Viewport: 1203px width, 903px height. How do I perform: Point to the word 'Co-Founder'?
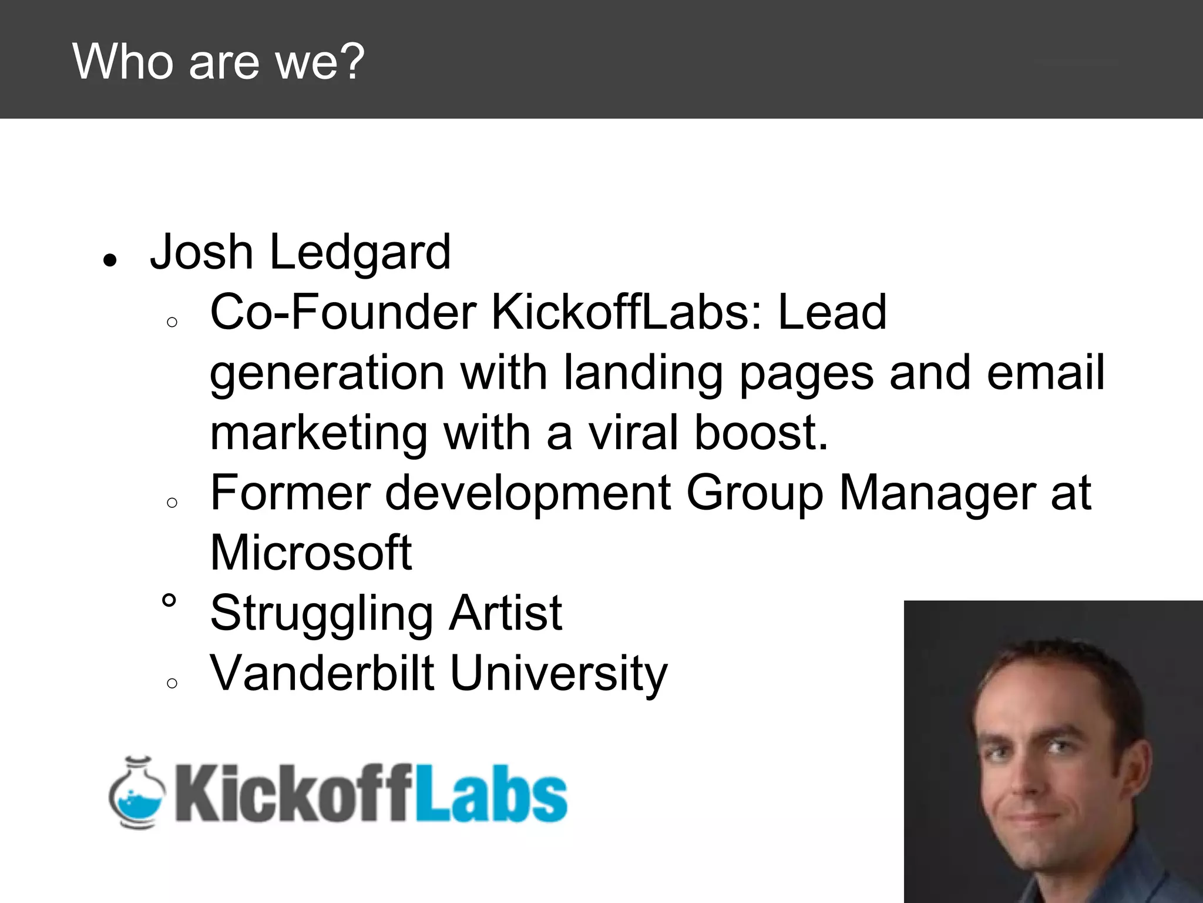tap(343, 313)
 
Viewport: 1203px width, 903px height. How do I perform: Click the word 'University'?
tap(559, 674)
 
